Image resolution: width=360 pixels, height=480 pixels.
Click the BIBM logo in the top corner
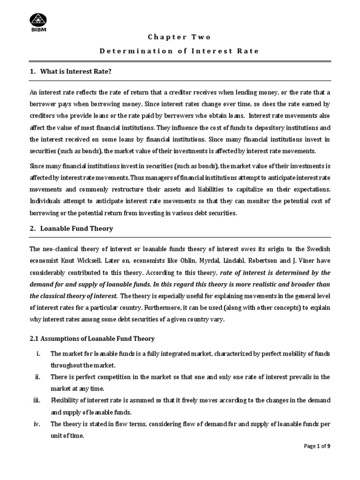(39, 22)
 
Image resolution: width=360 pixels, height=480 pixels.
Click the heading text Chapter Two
(180, 37)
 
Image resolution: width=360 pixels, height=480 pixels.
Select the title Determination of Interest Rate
(180, 51)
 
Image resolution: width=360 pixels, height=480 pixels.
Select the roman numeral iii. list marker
(37, 400)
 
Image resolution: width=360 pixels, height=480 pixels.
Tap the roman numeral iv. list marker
(38, 424)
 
